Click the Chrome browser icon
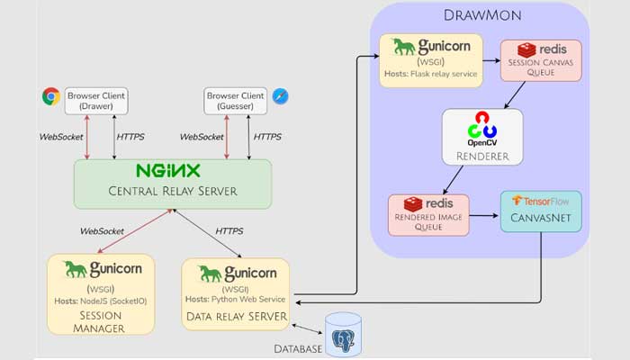(x=50, y=96)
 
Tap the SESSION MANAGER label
(x=101, y=323)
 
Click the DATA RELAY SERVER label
(x=235, y=316)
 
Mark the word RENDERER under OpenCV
(x=481, y=156)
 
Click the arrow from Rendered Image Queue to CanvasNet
(x=484, y=217)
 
